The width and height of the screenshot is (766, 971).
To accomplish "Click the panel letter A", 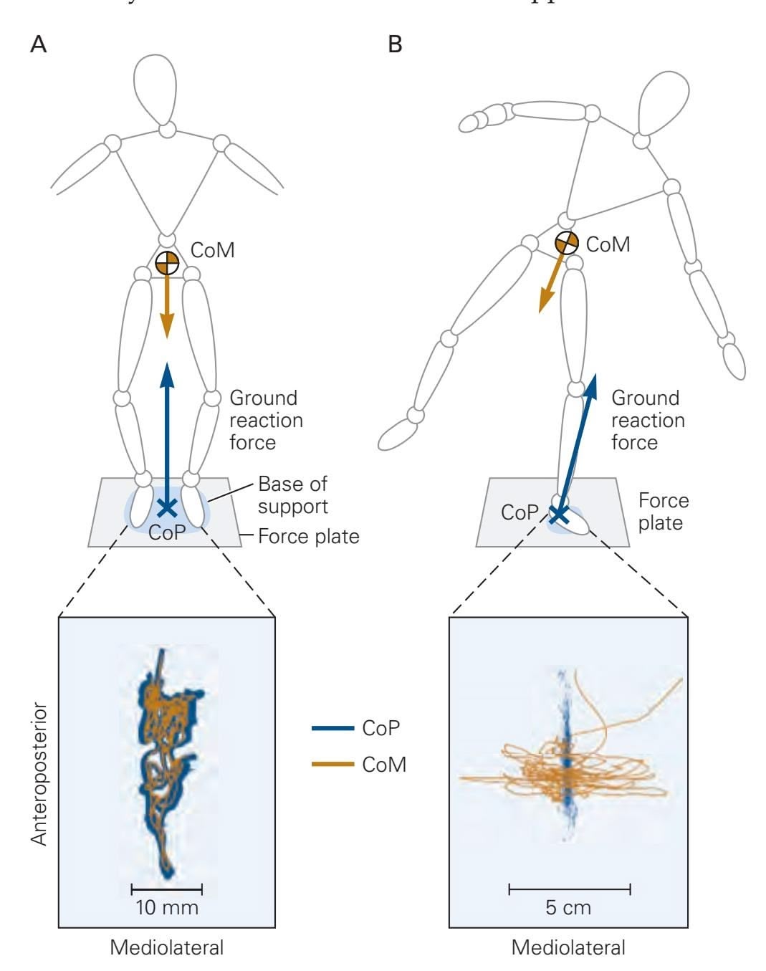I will coord(39,44).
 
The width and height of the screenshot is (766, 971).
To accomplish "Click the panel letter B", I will coord(395,44).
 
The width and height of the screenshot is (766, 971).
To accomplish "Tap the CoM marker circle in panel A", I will coord(167,263).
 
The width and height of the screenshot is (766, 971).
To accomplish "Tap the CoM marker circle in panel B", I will coord(567,243).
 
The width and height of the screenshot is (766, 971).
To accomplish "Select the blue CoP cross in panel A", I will coord(167,507).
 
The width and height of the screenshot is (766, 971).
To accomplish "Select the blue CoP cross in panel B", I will coord(558,513).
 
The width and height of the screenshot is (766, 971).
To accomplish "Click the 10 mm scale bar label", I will coord(167,908).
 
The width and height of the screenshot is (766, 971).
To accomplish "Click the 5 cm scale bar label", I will coord(569,908).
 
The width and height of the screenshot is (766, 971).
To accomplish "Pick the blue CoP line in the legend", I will coord(332,728).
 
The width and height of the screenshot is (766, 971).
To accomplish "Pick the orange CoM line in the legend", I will coord(332,765).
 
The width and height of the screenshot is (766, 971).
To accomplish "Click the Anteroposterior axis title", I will coord(40,774).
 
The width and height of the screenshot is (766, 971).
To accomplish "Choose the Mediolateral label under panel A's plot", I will coord(166,947).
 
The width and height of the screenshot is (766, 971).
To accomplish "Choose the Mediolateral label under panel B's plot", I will coord(568,947).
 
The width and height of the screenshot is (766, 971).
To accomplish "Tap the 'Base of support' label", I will coord(292,494).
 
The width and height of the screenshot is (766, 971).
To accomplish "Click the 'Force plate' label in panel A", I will coord(308,535).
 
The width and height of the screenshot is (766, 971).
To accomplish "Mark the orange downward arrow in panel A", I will coord(167,308).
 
